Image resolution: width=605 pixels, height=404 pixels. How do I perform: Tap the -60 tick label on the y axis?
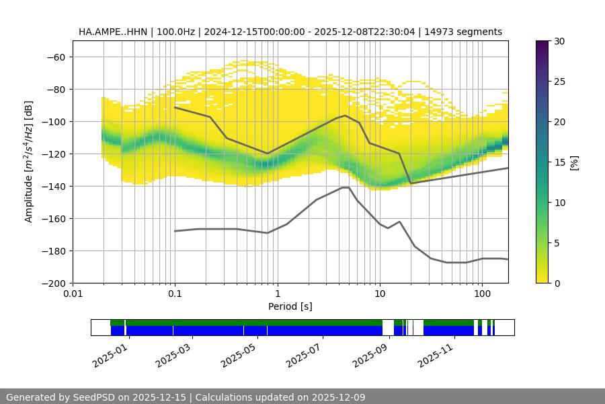pos(56,57)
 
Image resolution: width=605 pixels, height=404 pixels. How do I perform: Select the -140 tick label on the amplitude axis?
pos(53,186)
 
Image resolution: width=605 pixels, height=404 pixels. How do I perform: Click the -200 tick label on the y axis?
pos(53,283)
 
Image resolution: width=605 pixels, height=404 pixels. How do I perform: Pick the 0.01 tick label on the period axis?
pos(73,294)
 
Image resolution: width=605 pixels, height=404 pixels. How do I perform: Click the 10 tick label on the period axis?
pos(380,294)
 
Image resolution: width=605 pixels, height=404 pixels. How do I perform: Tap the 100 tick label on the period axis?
pos(481,294)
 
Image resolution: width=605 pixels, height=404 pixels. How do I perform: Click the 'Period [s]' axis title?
pos(290,306)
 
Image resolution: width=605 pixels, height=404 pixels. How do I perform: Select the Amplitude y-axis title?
pos(28,162)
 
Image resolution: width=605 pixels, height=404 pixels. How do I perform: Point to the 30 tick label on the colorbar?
pos(559,41)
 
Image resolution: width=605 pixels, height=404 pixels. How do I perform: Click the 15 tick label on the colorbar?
pos(559,162)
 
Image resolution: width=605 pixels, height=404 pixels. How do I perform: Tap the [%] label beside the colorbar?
pos(574,162)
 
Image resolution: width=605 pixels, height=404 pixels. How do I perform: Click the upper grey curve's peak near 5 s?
pos(346,115)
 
